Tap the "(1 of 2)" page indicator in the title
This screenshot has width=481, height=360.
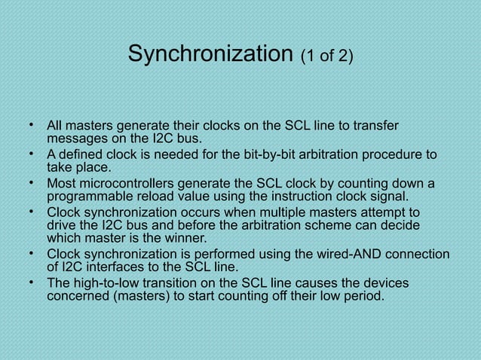[x=326, y=56]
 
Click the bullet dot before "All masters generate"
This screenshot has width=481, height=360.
[x=32, y=124]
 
